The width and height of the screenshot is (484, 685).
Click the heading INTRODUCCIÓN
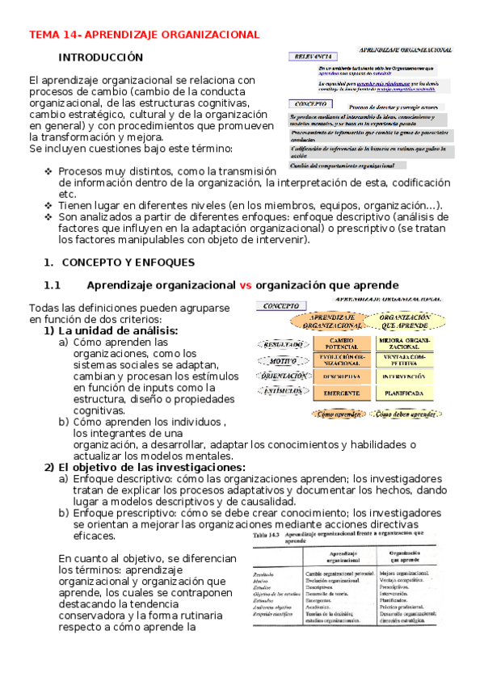click(x=101, y=57)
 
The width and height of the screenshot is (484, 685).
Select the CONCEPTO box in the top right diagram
click(x=310, y=105)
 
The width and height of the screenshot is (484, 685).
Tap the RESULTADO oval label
click(x=283, y=344)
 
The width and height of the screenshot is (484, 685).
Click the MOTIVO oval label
click(x=283, y=360)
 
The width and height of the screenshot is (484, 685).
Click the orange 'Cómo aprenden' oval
click(x=338, y=414)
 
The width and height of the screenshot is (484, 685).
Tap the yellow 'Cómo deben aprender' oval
click(x=408, y=414)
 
